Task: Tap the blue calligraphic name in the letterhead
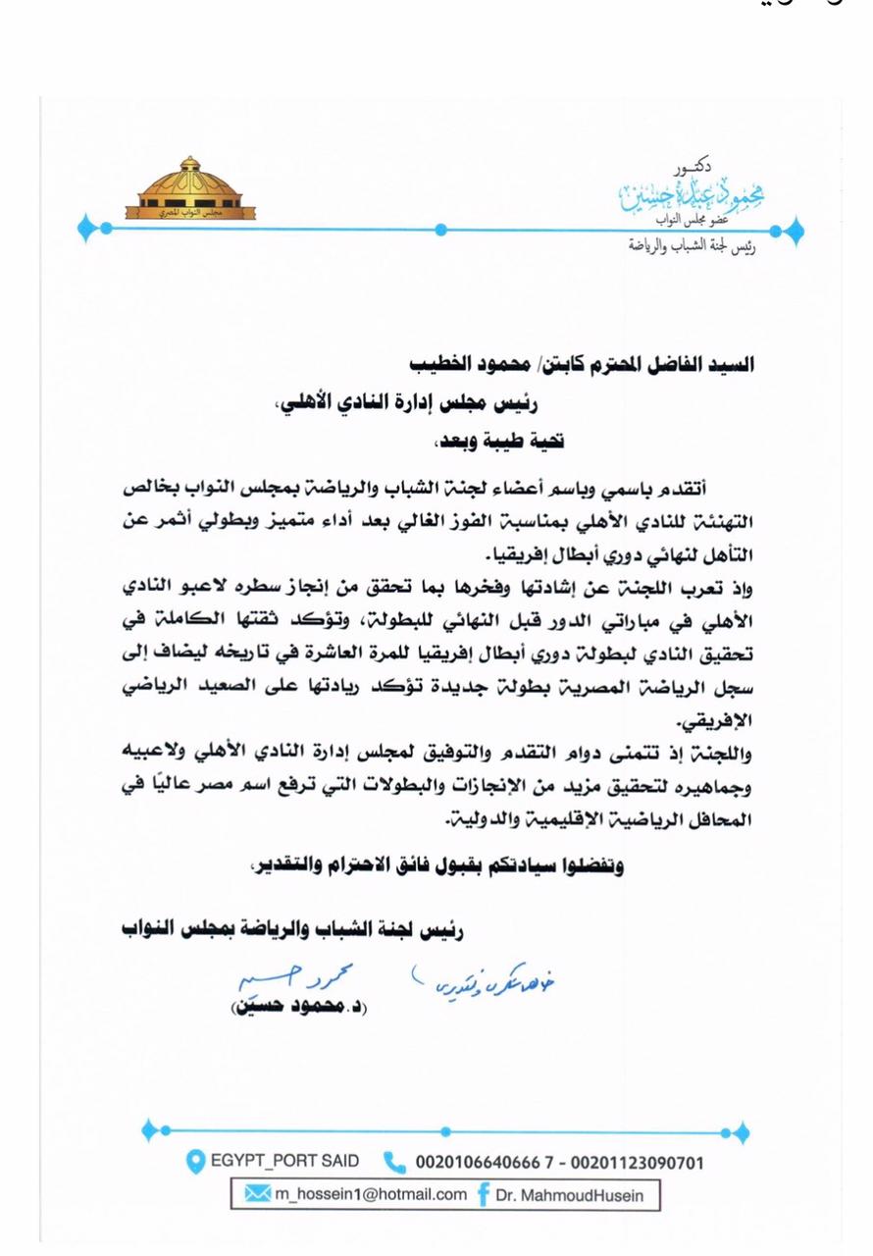pyautogui.click(x=697, y=194)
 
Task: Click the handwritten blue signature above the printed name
pyautogui.click(x=285, y=977)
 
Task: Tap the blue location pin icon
pyautogui.click(x=195, y=1162)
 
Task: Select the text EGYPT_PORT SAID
pyautogui.click(x=284, y=1162)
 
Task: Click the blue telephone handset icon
pyautogui.click(x=393, y=1163)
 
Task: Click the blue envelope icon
pyautogui.click(x=256, y=1194)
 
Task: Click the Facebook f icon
pyautogui.click(x=484, y=1194)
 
